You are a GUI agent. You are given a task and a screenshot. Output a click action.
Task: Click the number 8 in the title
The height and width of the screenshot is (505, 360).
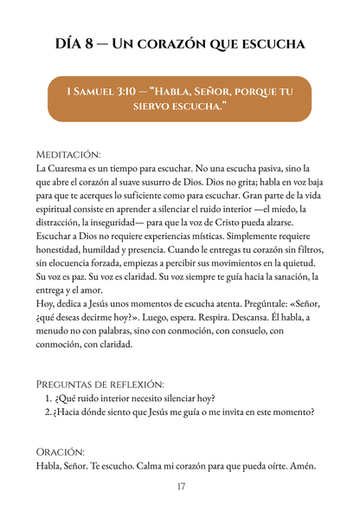(x=98, y=42)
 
